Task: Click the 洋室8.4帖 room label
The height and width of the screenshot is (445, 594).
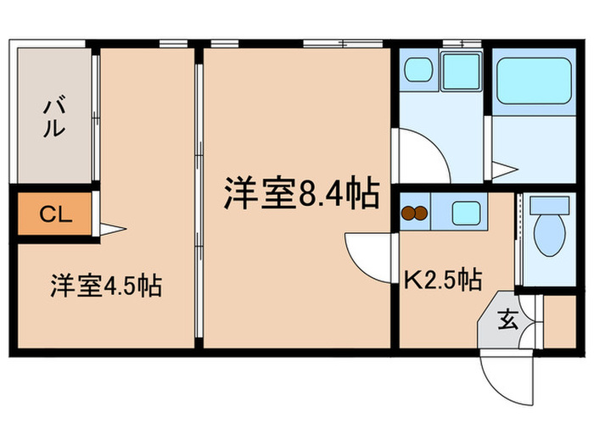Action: click(301, 194)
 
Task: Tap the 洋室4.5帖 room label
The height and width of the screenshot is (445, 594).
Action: click(106, 286)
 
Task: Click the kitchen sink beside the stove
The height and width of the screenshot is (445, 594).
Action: click(464, 212)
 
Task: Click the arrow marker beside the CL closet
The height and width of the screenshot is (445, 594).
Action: click(113, 228)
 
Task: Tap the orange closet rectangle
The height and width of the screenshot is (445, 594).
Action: click(53, 214)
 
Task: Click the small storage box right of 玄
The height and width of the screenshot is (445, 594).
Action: click(558, 321)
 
